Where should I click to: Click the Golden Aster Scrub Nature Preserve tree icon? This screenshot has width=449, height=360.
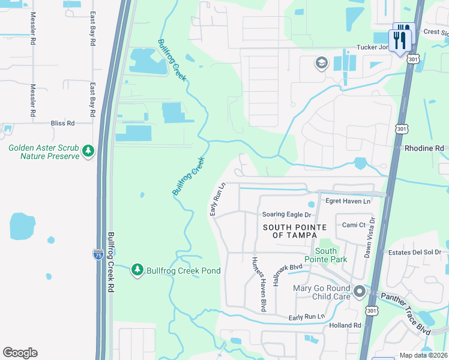tap(88, 150)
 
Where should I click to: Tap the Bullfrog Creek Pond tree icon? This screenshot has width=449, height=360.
tap(137, 270)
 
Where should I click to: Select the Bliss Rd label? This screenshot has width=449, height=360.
tap(62, 123)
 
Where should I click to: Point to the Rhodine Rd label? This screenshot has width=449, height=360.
tap(424, 148)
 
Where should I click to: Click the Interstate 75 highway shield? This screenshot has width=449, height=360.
tap(98, 255)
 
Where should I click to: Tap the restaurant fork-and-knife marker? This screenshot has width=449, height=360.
tap(400, 38)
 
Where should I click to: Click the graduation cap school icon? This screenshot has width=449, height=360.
tap(321, 62)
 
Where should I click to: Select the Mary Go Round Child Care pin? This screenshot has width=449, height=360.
tap(360, 292)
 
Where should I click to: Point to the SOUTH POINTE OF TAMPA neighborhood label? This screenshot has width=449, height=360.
tap(295, 231)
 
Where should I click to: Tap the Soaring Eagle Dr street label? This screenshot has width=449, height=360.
tap(287, 214)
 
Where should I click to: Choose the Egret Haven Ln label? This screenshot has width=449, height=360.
tap(348, 201)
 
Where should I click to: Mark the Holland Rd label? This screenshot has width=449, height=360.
tap(345, 325)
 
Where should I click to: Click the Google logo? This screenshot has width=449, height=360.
tap(20, 353)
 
